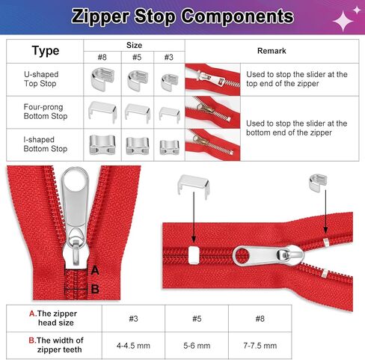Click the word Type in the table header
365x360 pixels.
click(46, 51)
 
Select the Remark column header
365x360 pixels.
click(272, 51)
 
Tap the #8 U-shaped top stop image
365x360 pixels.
click(102, 79)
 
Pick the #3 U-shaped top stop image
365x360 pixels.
click(169, 82)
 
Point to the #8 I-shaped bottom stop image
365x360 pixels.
click(102, 144)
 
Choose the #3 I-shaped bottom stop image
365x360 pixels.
click(169, 147)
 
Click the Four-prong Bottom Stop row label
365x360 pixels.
click(46, 112)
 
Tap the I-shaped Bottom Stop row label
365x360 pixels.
click(46, 144)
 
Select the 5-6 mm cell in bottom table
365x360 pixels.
click(197, 346)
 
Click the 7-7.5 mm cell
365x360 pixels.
click(260, 346)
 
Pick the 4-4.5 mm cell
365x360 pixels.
click(133, 346)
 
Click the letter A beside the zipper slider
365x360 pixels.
click(95, 270)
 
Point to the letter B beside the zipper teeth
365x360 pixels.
click(95, 289)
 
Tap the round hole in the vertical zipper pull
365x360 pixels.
click(76, 178)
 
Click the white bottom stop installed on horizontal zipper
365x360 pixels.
click(194, 255)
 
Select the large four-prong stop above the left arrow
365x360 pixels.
click(194, 186)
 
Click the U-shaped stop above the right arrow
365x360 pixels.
click(318, 183)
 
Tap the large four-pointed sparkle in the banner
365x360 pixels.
click(343, 21)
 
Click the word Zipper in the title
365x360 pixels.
click(100, 16)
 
